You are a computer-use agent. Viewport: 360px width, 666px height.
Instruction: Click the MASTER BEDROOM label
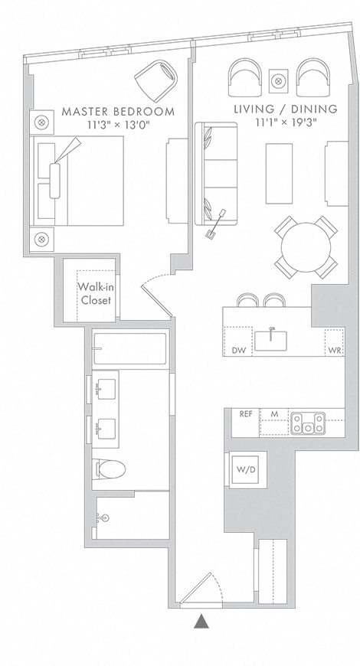(118, 112)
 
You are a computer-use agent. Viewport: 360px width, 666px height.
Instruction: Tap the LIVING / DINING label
(286, 109)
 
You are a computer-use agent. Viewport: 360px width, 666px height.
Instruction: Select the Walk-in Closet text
(96, 293)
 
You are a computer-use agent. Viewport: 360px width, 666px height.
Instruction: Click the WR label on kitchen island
(335, 351)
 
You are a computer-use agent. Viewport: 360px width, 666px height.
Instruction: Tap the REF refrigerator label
(246, 414)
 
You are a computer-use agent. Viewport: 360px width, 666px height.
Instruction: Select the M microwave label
(274, 414)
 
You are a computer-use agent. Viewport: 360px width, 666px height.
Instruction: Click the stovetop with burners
(308, 423)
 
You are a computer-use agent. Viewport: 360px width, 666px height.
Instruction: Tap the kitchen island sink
(271, 340)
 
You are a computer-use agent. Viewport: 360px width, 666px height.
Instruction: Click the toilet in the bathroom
(109, 469)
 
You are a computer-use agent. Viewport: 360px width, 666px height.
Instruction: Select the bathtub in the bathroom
(129, 349)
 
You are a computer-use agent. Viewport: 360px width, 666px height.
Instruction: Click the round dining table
(306, 247)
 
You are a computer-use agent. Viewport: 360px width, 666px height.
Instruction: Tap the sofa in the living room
(216, 173)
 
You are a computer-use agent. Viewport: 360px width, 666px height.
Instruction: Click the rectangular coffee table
(280, 173)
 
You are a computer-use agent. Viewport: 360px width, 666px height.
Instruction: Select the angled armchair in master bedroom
(156, 80)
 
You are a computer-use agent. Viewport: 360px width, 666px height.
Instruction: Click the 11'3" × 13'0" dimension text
(119, 125)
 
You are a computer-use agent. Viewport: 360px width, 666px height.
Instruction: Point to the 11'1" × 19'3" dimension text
(286, 122)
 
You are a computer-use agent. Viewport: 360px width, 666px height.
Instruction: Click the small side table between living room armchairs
(278, 80)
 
